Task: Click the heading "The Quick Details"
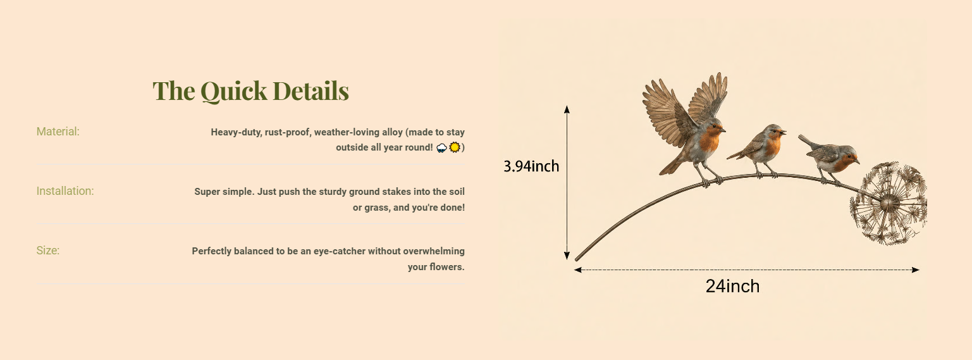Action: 251,90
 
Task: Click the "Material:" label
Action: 58,132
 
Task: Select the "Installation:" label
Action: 65,191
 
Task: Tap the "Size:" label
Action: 47,251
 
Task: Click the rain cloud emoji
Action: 442,147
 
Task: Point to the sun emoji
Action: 454,147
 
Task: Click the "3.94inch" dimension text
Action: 531,166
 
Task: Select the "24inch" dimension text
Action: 732,286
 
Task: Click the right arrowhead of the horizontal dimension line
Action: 915,270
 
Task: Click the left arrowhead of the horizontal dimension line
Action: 578,270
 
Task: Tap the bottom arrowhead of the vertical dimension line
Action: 567,256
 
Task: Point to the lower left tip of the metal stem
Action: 576,260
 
